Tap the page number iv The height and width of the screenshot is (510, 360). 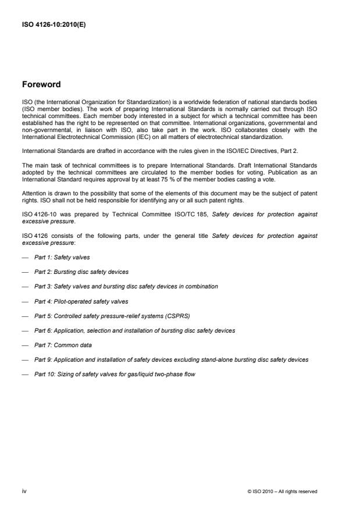point(25,491)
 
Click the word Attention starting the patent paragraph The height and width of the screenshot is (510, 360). point(33,192)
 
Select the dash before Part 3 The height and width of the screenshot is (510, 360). point(25,287)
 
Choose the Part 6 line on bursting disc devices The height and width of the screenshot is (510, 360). point(134,330)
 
